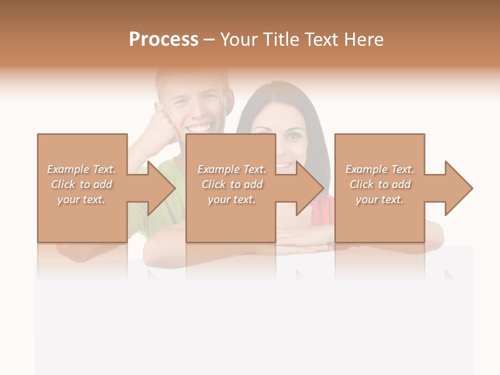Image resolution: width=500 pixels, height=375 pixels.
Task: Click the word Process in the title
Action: click(x=164, y=40)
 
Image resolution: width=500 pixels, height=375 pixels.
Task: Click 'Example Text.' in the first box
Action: click(x=82, y=169)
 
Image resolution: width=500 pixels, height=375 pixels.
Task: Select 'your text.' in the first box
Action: click(x=82, y=199)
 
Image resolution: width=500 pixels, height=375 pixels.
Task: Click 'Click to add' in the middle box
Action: click(x=232, y=184)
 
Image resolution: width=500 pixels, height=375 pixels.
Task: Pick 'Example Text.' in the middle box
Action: click(x=232, y=169)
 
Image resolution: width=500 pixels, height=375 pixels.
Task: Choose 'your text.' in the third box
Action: click(x=380, y=199)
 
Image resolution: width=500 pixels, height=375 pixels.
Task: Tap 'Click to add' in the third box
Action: click(x=380, y=184)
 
